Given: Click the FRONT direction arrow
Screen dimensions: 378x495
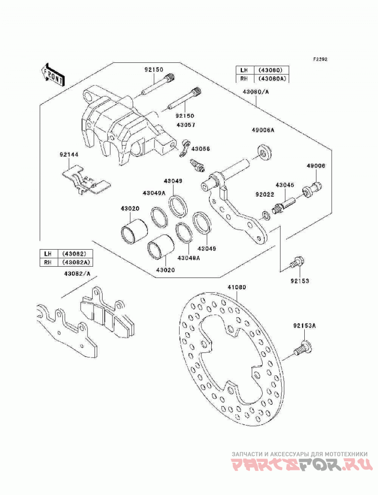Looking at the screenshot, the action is click(52, 75).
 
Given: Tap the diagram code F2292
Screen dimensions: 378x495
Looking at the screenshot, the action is click(320, 60).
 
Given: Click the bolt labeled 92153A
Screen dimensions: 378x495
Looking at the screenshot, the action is click(303, 348).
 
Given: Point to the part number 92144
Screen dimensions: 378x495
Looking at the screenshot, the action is click(69, 155).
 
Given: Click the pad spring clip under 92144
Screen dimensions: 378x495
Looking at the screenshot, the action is click(86, 180).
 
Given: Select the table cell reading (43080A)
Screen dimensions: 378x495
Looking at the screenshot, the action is click(271, 78).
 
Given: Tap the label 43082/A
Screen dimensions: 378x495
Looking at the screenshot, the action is click(77, 274).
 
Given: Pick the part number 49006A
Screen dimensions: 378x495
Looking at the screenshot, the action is click(263, 130).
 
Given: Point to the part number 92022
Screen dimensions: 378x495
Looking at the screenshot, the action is click(265, 195).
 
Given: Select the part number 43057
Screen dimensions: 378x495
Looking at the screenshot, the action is click(186, 125).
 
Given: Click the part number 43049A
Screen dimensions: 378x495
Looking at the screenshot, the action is click(154, 193).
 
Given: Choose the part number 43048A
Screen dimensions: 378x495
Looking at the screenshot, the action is click(189, 258).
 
